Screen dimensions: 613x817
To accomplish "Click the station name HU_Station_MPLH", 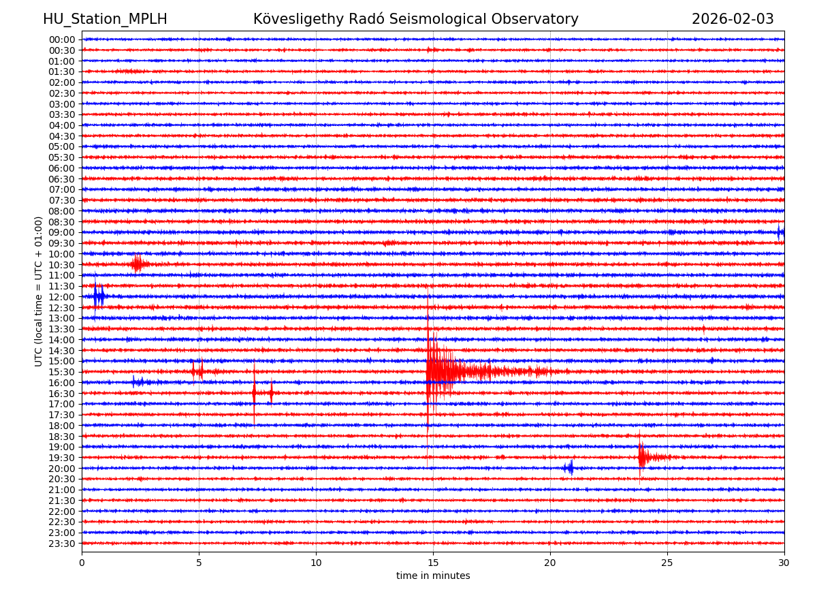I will tap(105, 19).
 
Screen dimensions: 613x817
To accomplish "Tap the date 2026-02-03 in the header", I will tap(733, 19).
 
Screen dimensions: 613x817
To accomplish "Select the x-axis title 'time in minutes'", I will tap(433, 576).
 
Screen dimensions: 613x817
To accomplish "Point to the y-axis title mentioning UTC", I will tap(39, 292).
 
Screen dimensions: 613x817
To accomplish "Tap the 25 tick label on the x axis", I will tap(667, 563).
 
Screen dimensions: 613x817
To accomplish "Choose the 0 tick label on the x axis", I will tap(82, 563).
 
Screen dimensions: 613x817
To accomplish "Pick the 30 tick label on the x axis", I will tap(784, 563).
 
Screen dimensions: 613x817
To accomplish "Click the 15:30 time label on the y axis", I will tap(61, 372).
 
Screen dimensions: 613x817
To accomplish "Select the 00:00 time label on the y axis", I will tap(61, 40).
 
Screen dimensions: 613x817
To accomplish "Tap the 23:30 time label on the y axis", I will tap(61, 544).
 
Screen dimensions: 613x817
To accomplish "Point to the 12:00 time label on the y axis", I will tap(61, 297).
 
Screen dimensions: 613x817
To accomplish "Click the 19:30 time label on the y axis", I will tap(61, 458).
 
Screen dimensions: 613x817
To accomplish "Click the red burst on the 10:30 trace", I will tap(138, 264).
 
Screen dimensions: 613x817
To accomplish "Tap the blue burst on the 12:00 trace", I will tap(99, 296).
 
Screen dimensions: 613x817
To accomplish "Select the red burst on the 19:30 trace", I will tap(643, 457).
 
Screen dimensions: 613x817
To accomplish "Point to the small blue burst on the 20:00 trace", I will tap(568, 468).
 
